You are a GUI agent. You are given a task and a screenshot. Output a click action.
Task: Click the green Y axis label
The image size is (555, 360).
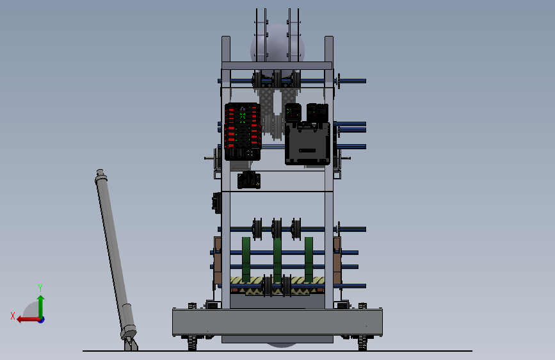click(40, 288)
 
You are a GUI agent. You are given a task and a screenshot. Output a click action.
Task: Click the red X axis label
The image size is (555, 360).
click(13, 316)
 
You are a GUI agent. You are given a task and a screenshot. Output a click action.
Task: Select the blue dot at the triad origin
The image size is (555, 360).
click(41, 320)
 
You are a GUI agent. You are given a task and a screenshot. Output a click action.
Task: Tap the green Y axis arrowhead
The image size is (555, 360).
click(41, 299)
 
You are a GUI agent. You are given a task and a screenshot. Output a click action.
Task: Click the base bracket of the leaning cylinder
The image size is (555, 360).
click(131, 344)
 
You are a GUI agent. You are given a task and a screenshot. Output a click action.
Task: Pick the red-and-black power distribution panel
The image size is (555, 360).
click(243, 131)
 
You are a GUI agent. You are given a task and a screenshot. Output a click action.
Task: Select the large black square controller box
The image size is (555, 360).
click(307, 143)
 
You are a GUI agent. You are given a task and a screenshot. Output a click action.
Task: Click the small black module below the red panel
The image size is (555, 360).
click(249, 180)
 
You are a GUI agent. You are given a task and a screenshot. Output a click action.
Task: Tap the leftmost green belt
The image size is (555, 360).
click(246, 259)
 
